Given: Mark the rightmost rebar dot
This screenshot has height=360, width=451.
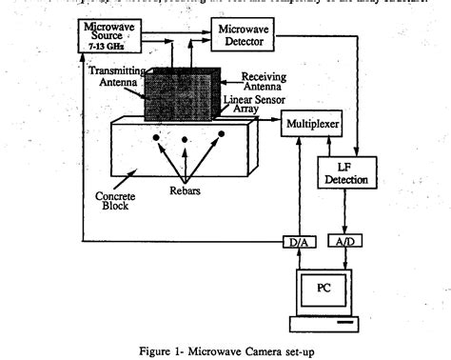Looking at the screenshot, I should click(220, 134).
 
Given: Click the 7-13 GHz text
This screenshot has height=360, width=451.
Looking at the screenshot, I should click(108, 46).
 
